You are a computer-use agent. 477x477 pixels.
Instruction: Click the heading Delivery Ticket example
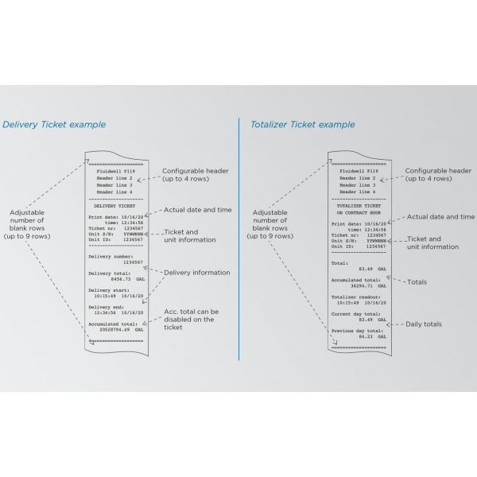[54, 125]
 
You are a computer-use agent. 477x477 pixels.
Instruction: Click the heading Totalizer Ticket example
[303, 125]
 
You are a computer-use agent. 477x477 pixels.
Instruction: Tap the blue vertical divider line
[238, 238]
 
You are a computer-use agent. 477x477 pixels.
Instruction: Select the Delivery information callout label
[196, 273]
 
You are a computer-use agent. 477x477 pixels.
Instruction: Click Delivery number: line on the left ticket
[108, 257]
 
